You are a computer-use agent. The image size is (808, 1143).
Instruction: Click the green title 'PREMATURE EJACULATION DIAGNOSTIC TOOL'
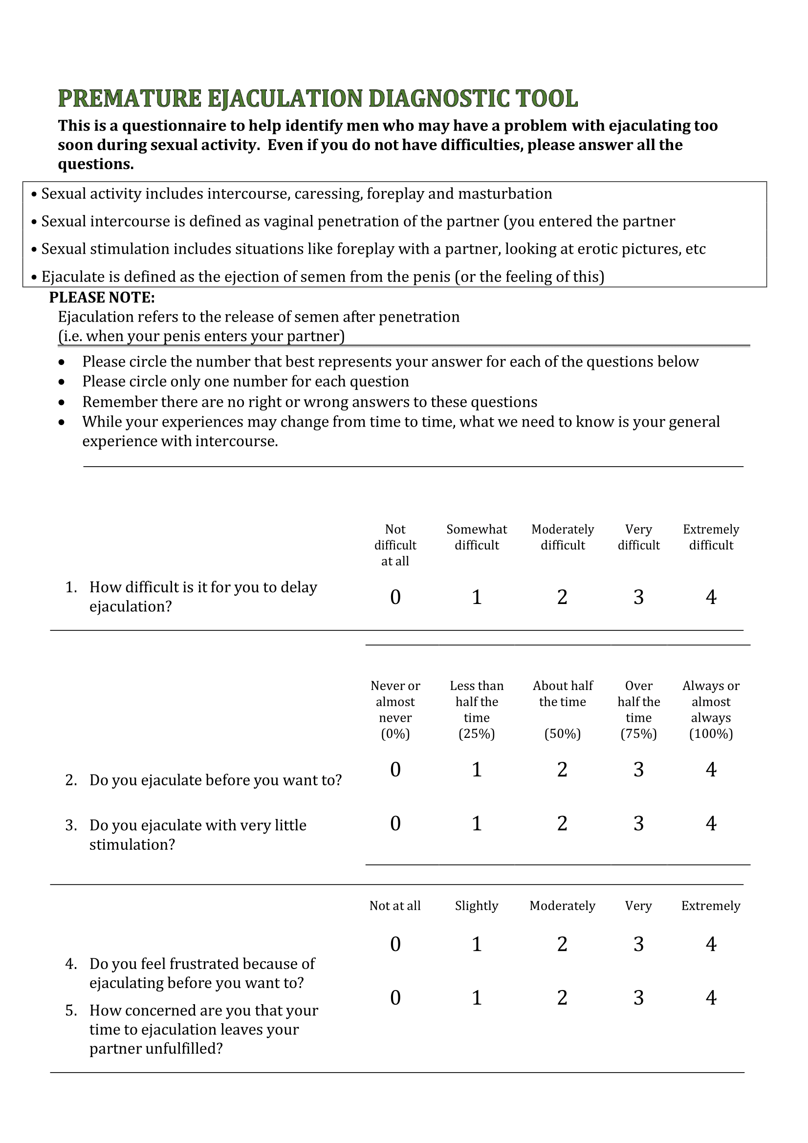click(318, 98)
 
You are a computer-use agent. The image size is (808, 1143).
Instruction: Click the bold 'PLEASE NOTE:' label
click(102, 297)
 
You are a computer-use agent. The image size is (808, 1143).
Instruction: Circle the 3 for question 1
click(638, 597)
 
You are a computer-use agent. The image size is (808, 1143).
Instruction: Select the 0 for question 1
click(395, 597)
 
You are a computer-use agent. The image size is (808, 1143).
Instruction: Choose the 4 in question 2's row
click(710, 770)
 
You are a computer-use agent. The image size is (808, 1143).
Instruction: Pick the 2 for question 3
click(562, 823)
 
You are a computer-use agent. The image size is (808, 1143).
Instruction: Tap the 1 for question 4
click(477, 944)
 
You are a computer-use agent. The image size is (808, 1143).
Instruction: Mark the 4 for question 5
click(710, 998)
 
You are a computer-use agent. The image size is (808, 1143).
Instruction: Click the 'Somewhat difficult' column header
click(477, 537)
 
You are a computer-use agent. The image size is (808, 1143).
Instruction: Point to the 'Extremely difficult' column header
click(710, 537)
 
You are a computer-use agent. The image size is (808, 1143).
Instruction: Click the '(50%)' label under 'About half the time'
click(563, 734)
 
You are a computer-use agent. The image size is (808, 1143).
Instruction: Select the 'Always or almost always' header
click(710, 702)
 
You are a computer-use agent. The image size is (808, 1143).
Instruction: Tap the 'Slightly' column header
click(477, 906)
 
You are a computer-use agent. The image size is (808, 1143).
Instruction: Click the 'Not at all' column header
click(395, 906)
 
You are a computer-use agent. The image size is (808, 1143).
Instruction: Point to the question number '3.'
click(71, 825)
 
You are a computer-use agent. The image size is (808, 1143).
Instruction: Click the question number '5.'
click(71, 1011)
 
